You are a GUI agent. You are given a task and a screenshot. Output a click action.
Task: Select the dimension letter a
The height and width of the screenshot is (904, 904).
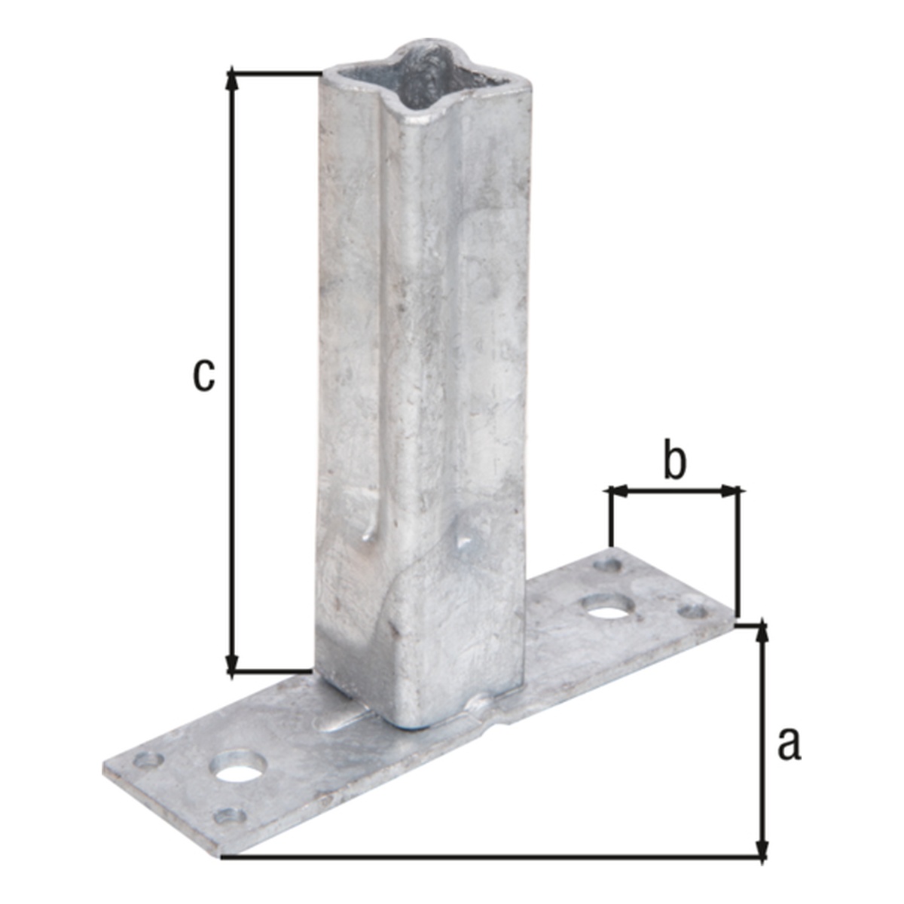[788, 743]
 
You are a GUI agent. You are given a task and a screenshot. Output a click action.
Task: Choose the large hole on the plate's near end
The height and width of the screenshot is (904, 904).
[240, 768]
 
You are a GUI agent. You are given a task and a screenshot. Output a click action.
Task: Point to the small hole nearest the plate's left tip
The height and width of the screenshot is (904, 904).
[148, 762]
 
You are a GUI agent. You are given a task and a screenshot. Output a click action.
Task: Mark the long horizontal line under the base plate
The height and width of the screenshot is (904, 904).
[490, 857]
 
